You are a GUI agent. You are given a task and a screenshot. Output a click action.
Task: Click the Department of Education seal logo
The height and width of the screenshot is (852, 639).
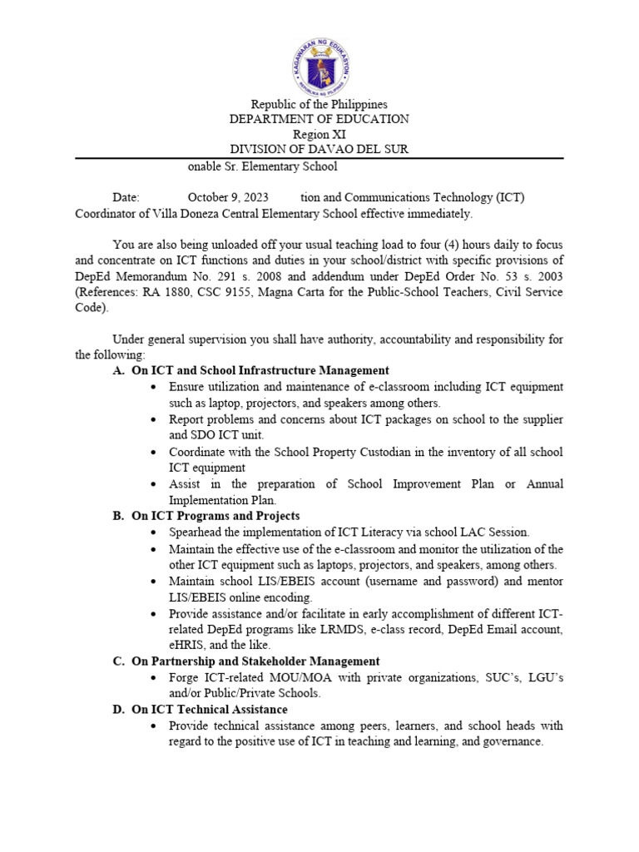pos(320,65)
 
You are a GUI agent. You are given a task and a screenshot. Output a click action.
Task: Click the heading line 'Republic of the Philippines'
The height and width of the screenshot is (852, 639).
pos(319,104)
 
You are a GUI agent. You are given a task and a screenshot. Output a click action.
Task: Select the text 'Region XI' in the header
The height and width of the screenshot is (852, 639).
pos(319,134)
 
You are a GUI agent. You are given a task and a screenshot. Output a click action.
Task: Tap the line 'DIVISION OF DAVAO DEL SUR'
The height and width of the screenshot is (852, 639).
pos(319,149)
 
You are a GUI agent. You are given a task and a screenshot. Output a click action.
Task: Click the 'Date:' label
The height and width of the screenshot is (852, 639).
pos(126,198)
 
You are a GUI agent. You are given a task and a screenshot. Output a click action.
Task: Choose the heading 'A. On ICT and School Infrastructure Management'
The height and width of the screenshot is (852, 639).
pos(250,370)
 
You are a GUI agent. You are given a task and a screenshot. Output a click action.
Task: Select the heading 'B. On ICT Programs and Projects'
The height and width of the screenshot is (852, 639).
pos(206,516)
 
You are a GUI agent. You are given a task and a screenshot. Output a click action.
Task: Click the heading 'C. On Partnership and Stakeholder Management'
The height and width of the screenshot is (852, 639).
pos(245,661)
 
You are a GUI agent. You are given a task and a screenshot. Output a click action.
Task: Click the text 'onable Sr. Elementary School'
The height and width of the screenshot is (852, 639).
pos(262,166)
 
